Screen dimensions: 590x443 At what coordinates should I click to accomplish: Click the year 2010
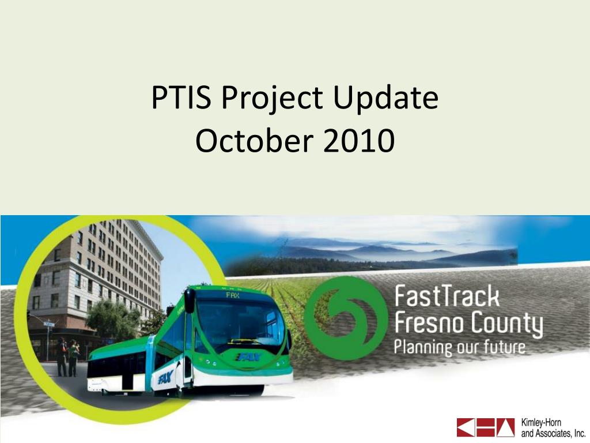point(359,141)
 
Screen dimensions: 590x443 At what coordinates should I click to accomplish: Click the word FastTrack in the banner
point(447,296)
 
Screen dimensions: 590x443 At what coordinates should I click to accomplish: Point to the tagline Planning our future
point(459,347)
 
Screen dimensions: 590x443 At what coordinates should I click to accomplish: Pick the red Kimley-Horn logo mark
point(485,427)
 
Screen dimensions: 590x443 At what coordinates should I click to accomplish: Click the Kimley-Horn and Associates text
point(553,427)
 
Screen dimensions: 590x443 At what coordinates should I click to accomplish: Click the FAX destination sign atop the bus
point(233,295)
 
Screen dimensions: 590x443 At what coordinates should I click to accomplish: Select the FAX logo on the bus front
point(248,356)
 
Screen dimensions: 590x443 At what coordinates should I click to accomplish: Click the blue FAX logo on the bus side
point(165,376)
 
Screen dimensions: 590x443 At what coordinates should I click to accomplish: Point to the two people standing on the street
point(68,357)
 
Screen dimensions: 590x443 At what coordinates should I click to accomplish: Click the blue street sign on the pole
point(49,324)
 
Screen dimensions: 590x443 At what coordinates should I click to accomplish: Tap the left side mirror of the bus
point(190,300)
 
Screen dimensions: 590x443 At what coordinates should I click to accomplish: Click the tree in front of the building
point(113,318)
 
